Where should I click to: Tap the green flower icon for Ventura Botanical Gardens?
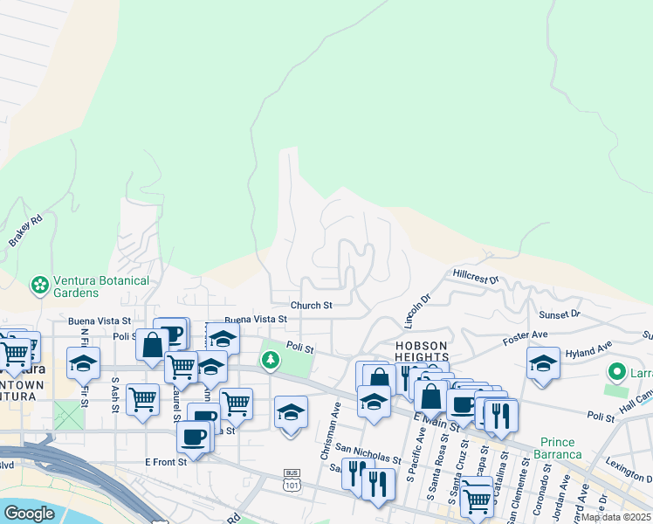[x=39, y=285]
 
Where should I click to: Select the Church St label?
[x=311, y=306]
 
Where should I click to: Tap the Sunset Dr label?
[x=560, y=314]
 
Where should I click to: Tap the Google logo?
[x=28, y=513]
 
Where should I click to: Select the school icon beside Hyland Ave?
[x=543, y=362]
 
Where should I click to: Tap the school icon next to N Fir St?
[x=83, y=362]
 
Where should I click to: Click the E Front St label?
[x=165, y=463]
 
